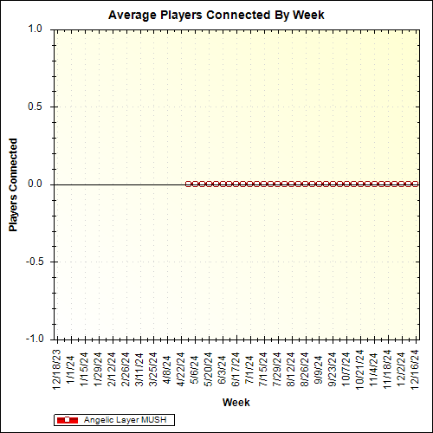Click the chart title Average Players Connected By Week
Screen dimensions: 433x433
click(x=217, y=15)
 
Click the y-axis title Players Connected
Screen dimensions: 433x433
click(x=14, y=184)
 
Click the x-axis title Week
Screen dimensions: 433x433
click(x=236, y=403)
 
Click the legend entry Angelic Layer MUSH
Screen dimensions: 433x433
click(x=126, y=420)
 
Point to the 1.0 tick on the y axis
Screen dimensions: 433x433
click(x=35, y=29)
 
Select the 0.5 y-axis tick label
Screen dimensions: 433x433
click(x=35, y=107)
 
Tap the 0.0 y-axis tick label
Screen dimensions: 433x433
click(x=35, y=184)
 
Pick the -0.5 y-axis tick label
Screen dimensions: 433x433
click(x=33, y=262)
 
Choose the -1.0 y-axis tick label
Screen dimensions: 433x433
click(x=33, y=339)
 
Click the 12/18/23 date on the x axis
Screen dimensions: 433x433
click(x=56, y=367)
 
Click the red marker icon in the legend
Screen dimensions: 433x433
click(x=67, y=420)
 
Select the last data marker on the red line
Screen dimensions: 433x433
click(x=417, y=184)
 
